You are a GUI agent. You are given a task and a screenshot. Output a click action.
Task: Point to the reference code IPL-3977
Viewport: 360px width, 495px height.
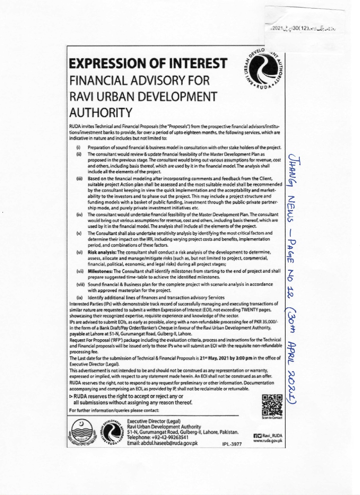231,445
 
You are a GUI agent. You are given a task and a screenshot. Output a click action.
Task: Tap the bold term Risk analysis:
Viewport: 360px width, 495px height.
100,252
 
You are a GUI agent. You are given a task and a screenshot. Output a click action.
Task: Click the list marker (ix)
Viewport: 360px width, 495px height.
80,297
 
